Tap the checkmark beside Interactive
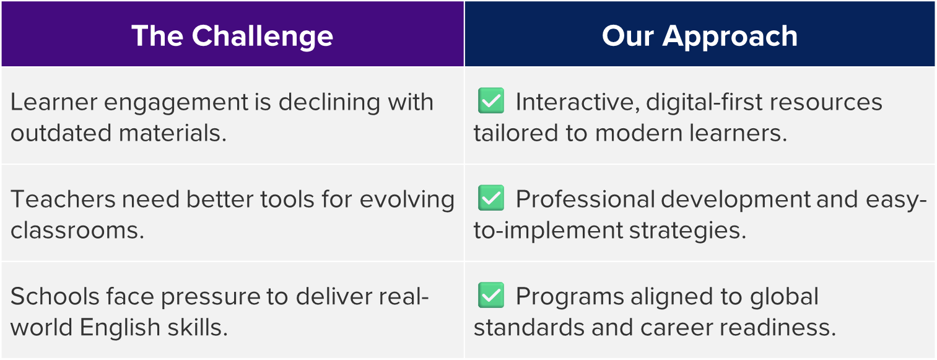coord(491,100)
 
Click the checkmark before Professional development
coord(491,198)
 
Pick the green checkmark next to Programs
coord(491,295)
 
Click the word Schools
coord(54,297)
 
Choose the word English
coord(120,328)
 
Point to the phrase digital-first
coord(704,102)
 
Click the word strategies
coord(687,230)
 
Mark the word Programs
coord(570,297)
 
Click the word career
coord(676,328)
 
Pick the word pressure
coord(211,297)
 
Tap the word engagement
coord(176,103)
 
